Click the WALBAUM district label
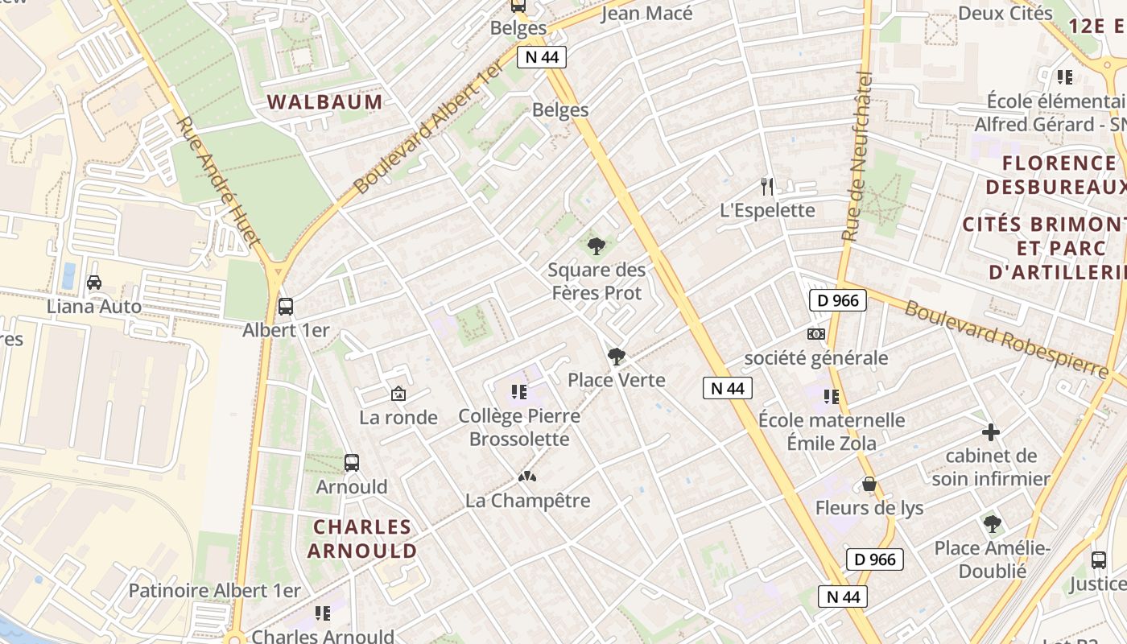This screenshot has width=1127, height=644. click(x=324, y=102)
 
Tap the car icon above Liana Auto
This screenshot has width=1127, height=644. click(x=94, y=283)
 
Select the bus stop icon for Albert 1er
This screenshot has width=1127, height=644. click(x=286, y=307)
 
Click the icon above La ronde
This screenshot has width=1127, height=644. click(x=398, y=394)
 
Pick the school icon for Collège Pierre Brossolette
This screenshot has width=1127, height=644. click(x=519, y=392)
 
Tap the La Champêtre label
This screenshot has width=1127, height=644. click(x=527, y=500)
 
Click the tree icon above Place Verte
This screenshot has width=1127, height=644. click(x=617, y=356)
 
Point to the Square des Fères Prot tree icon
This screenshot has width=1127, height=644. click(x=597, y=246)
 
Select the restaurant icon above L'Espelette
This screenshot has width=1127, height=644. click(x=767, y=187)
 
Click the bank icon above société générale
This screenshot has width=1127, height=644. click(x=816, y=334)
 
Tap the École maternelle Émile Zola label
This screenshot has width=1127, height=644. click(x=832, y=431)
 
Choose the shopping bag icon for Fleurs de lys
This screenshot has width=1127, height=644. click(x=869, y=484)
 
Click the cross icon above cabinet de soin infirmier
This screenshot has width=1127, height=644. click(x=991, y=432)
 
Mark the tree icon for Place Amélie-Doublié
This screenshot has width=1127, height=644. click(x=993, y=524)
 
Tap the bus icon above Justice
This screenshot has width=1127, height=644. click(x=1099, y=560)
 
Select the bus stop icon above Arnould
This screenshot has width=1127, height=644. click(x=352, y=463)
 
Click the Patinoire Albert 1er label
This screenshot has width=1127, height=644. click(x=214, y=591)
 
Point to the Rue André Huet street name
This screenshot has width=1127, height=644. click(x=217, y=181)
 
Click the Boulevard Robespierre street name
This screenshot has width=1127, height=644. click(x=1006, y=339)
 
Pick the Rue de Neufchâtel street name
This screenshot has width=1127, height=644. click(x=858, y=157)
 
